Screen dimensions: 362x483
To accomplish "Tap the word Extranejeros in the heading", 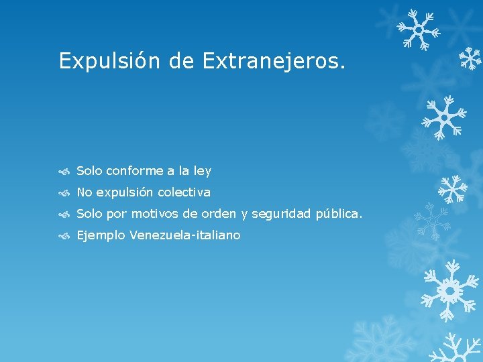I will (274, 61).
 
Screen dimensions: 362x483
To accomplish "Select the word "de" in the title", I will (181, 61).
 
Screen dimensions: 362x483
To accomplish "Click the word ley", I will (202, 171).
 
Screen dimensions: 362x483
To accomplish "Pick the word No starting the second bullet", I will (85, 192).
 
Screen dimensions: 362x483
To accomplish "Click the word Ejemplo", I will (101, 235).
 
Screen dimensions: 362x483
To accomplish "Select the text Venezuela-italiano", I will (185, 235).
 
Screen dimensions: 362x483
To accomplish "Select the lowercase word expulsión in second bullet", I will (125, 192).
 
